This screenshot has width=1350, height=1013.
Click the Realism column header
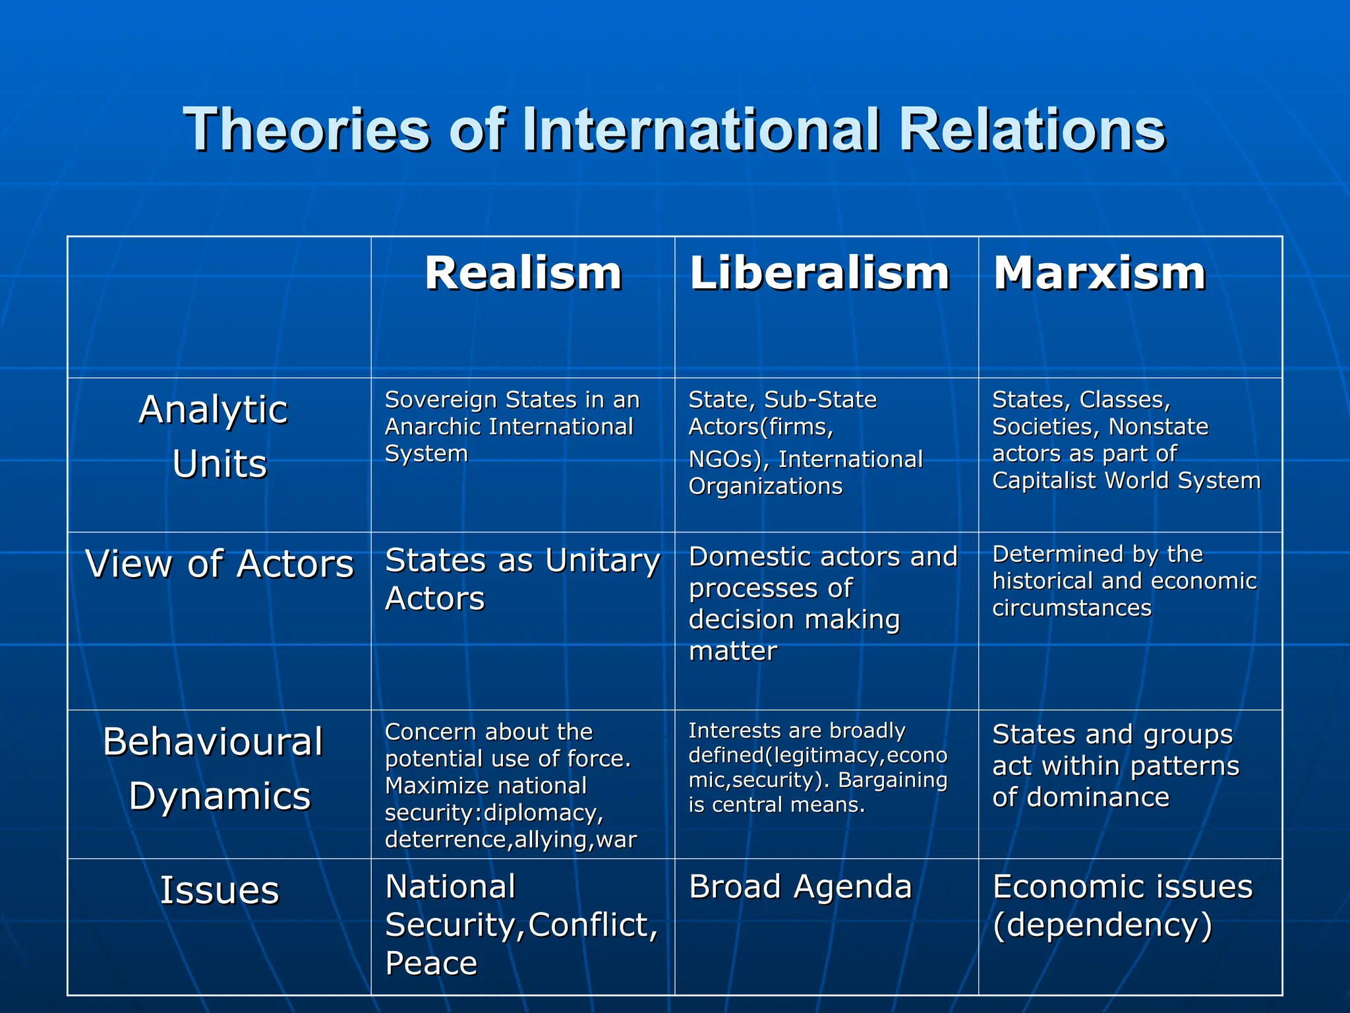523,273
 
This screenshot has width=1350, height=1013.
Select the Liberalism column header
819,273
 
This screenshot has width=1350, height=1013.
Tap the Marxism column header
1100,273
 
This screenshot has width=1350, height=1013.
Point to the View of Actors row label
220,565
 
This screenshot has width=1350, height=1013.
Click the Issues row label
220,890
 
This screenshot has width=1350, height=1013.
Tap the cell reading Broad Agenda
800,887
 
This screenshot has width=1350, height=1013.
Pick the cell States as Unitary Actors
522,579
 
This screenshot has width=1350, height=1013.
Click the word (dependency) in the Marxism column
1102,925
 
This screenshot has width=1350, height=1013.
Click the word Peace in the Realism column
431,963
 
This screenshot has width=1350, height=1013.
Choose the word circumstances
1072,608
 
